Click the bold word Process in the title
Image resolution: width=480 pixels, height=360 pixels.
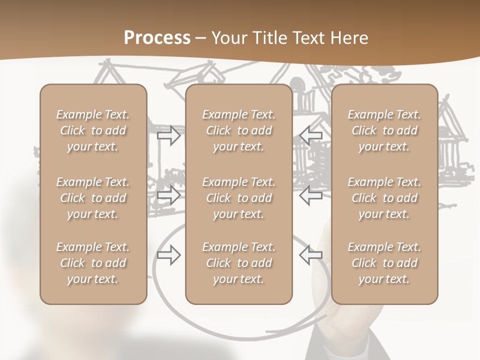point(157,38)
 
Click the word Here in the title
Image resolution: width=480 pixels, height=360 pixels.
point(348,38)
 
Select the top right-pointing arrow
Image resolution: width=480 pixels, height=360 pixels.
point(169,135)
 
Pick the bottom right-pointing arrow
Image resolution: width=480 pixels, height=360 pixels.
point(169,255)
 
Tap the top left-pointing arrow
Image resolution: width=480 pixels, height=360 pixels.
point(310,135)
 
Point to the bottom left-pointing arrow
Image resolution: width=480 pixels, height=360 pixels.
point(310,255)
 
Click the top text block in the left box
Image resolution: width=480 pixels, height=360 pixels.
point(93,130)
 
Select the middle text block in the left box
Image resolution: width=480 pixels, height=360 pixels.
point(93,198)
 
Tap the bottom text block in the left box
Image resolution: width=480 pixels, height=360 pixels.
point(93,263)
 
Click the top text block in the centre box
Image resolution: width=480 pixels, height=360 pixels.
point(238,130)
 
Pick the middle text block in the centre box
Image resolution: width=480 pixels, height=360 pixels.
point(238,198)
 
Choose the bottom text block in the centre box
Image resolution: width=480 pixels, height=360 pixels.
point(238,263)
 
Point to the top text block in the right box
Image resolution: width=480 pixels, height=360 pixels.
point(384,130)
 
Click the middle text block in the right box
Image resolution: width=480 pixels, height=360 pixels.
point(384,198)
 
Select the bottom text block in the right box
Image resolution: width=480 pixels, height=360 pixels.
point(384,263)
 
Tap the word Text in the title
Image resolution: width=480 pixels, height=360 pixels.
point(307,38)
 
